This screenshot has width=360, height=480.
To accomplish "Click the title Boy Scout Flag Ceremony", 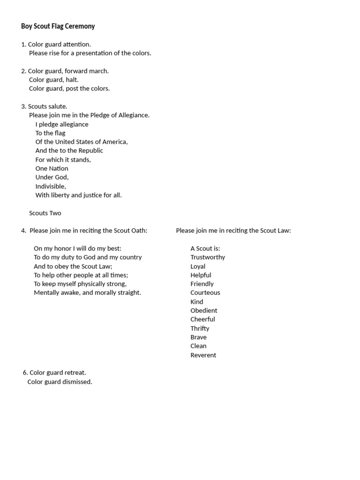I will click(58, 26).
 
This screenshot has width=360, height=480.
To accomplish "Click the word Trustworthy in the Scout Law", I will click(208, 257).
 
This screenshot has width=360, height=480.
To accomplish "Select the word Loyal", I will click(198, 266).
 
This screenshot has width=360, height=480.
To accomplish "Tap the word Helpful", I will click(201, 275).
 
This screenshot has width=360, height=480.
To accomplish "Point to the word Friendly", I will click(202, 284).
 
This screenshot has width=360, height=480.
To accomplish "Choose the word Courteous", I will click(205, 293).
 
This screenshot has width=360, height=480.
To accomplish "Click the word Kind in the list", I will click(197, 302).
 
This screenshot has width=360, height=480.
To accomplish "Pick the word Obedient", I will click(204, 311).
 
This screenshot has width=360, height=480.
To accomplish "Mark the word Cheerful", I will click(202, 320).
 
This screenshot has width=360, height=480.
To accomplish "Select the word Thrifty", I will click(200, 329).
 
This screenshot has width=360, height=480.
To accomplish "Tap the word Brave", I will click(198, 337).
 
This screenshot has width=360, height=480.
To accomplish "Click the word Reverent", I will click(203, 355).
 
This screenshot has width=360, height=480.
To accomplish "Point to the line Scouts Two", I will click(45, 213).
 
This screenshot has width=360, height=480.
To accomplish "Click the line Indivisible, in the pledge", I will click(51, 187).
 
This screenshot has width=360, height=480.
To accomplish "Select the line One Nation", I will click(52, 169).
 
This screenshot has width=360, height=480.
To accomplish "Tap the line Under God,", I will click(52, 178).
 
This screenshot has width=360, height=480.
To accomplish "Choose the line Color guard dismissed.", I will click(60, 382).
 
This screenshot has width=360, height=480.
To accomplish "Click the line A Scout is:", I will click(205, 248).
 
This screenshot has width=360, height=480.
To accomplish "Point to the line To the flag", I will click(50, 133).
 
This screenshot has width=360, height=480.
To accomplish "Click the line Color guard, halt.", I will click(54, 80).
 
